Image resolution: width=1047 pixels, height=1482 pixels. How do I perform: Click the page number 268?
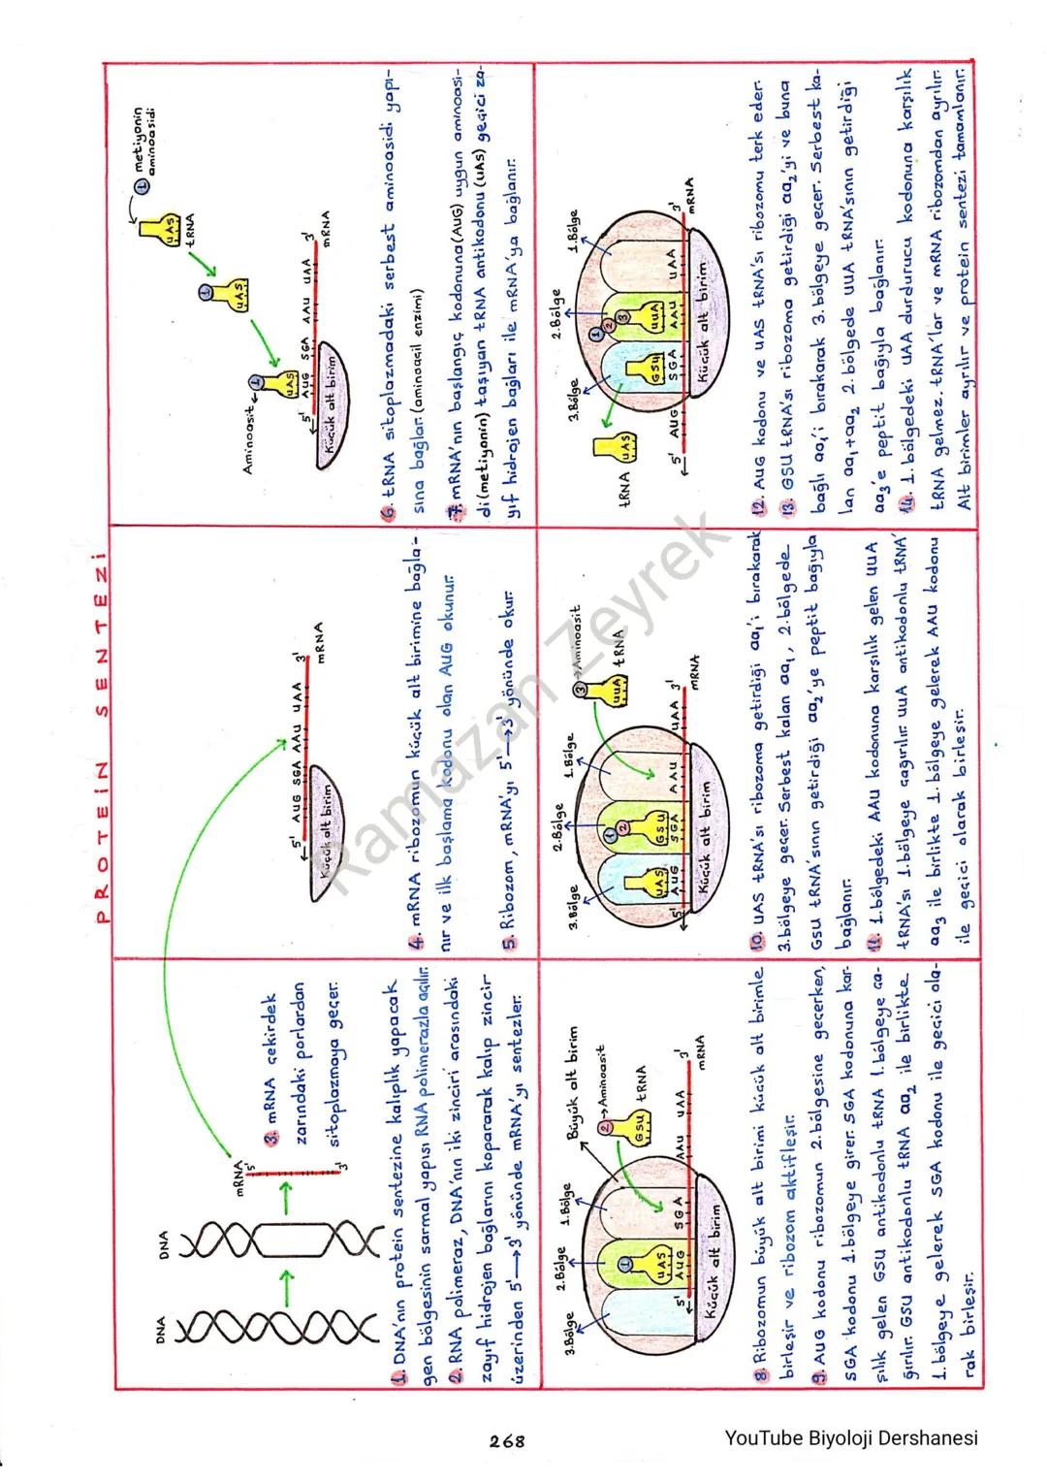click(x=507, y=1441)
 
